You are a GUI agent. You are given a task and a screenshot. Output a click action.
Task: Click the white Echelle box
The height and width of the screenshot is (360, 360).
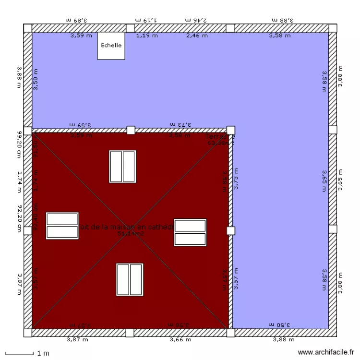coord(111,46)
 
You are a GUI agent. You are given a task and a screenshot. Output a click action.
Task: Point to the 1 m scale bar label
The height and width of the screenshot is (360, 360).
coord(43,354)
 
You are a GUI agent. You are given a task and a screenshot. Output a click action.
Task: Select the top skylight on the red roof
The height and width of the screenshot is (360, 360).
coord(122,167)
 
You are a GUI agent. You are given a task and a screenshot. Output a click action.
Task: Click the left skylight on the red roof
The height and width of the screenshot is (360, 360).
coord(62,226)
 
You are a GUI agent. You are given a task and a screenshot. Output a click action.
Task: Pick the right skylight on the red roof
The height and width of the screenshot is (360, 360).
coord(190,232)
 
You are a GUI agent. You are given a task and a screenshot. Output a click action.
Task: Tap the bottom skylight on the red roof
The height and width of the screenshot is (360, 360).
coord(130,279)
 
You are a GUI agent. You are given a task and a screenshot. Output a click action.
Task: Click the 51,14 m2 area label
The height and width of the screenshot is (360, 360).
coord(131,234)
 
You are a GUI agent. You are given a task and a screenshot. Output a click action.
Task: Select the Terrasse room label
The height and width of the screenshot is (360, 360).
coord(220,136)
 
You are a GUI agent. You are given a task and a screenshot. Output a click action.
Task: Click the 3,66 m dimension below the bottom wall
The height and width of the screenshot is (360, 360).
coord(180,340)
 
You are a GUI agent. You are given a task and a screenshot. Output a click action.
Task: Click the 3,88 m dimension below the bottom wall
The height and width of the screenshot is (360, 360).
coord(283,340)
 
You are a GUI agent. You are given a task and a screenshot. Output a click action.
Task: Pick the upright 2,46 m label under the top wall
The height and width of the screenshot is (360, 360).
coord(197,36)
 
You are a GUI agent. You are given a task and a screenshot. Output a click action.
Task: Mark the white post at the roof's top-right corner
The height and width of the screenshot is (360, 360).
coord(230,130)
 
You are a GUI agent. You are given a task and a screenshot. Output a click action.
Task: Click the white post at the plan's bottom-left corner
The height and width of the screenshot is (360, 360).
coord(28,333)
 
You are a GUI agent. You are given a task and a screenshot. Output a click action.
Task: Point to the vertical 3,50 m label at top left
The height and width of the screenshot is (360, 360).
coord(36,79)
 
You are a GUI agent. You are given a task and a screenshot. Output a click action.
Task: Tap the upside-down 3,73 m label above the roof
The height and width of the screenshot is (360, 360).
coord(180,124)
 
